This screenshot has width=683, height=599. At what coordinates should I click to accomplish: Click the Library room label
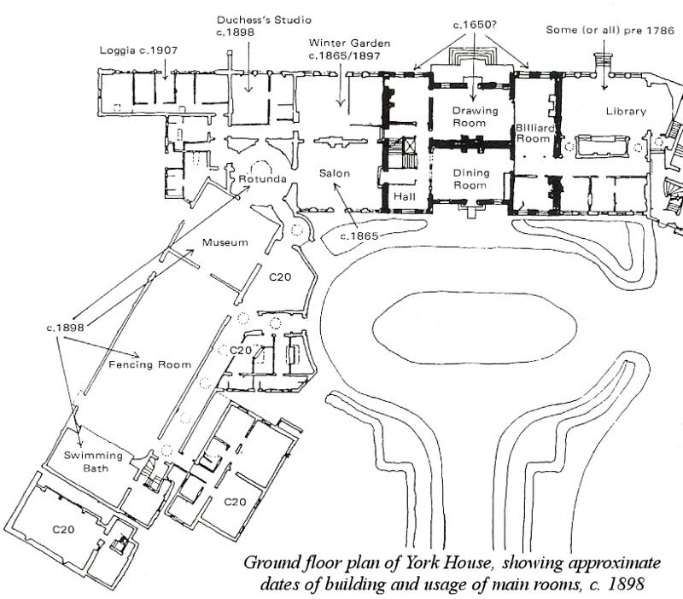(x=626, y=112)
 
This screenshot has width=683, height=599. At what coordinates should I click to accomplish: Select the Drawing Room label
(x=469, y=117)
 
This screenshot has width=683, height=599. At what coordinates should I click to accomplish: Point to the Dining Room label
(x=469, y=178)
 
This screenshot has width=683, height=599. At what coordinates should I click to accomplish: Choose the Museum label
(x=225, y=243)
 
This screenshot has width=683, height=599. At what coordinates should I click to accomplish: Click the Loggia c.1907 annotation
(x=137, y=49)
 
